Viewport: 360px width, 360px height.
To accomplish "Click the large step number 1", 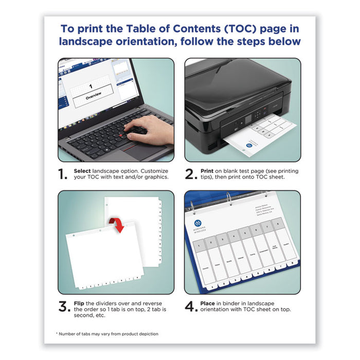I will (x=63, y=174).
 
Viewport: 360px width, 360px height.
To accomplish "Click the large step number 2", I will (x=191, y=174).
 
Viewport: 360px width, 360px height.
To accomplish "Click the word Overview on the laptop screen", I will (x=93, y=95).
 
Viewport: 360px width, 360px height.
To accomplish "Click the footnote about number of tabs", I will (x=106, y=334).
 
